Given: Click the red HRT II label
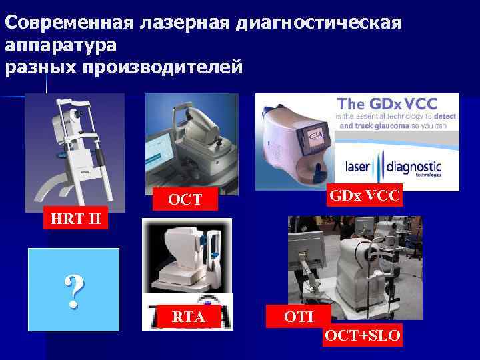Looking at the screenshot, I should (x=71, y=219).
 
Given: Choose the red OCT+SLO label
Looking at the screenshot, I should (x=363, y=336).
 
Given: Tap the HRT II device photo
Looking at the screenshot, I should (x=74, y=151).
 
